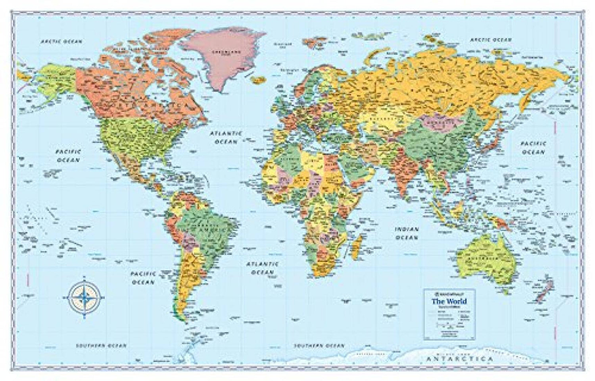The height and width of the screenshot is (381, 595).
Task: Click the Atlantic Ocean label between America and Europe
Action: point(226,137)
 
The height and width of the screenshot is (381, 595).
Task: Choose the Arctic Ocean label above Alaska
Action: point(61,41)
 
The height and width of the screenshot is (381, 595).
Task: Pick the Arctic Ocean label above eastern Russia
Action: point(491,40)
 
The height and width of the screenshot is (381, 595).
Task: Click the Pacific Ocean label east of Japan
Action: point(534,148)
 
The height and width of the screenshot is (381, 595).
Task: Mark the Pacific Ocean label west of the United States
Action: point(68,156)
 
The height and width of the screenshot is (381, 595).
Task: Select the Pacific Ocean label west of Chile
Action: point(144,278)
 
